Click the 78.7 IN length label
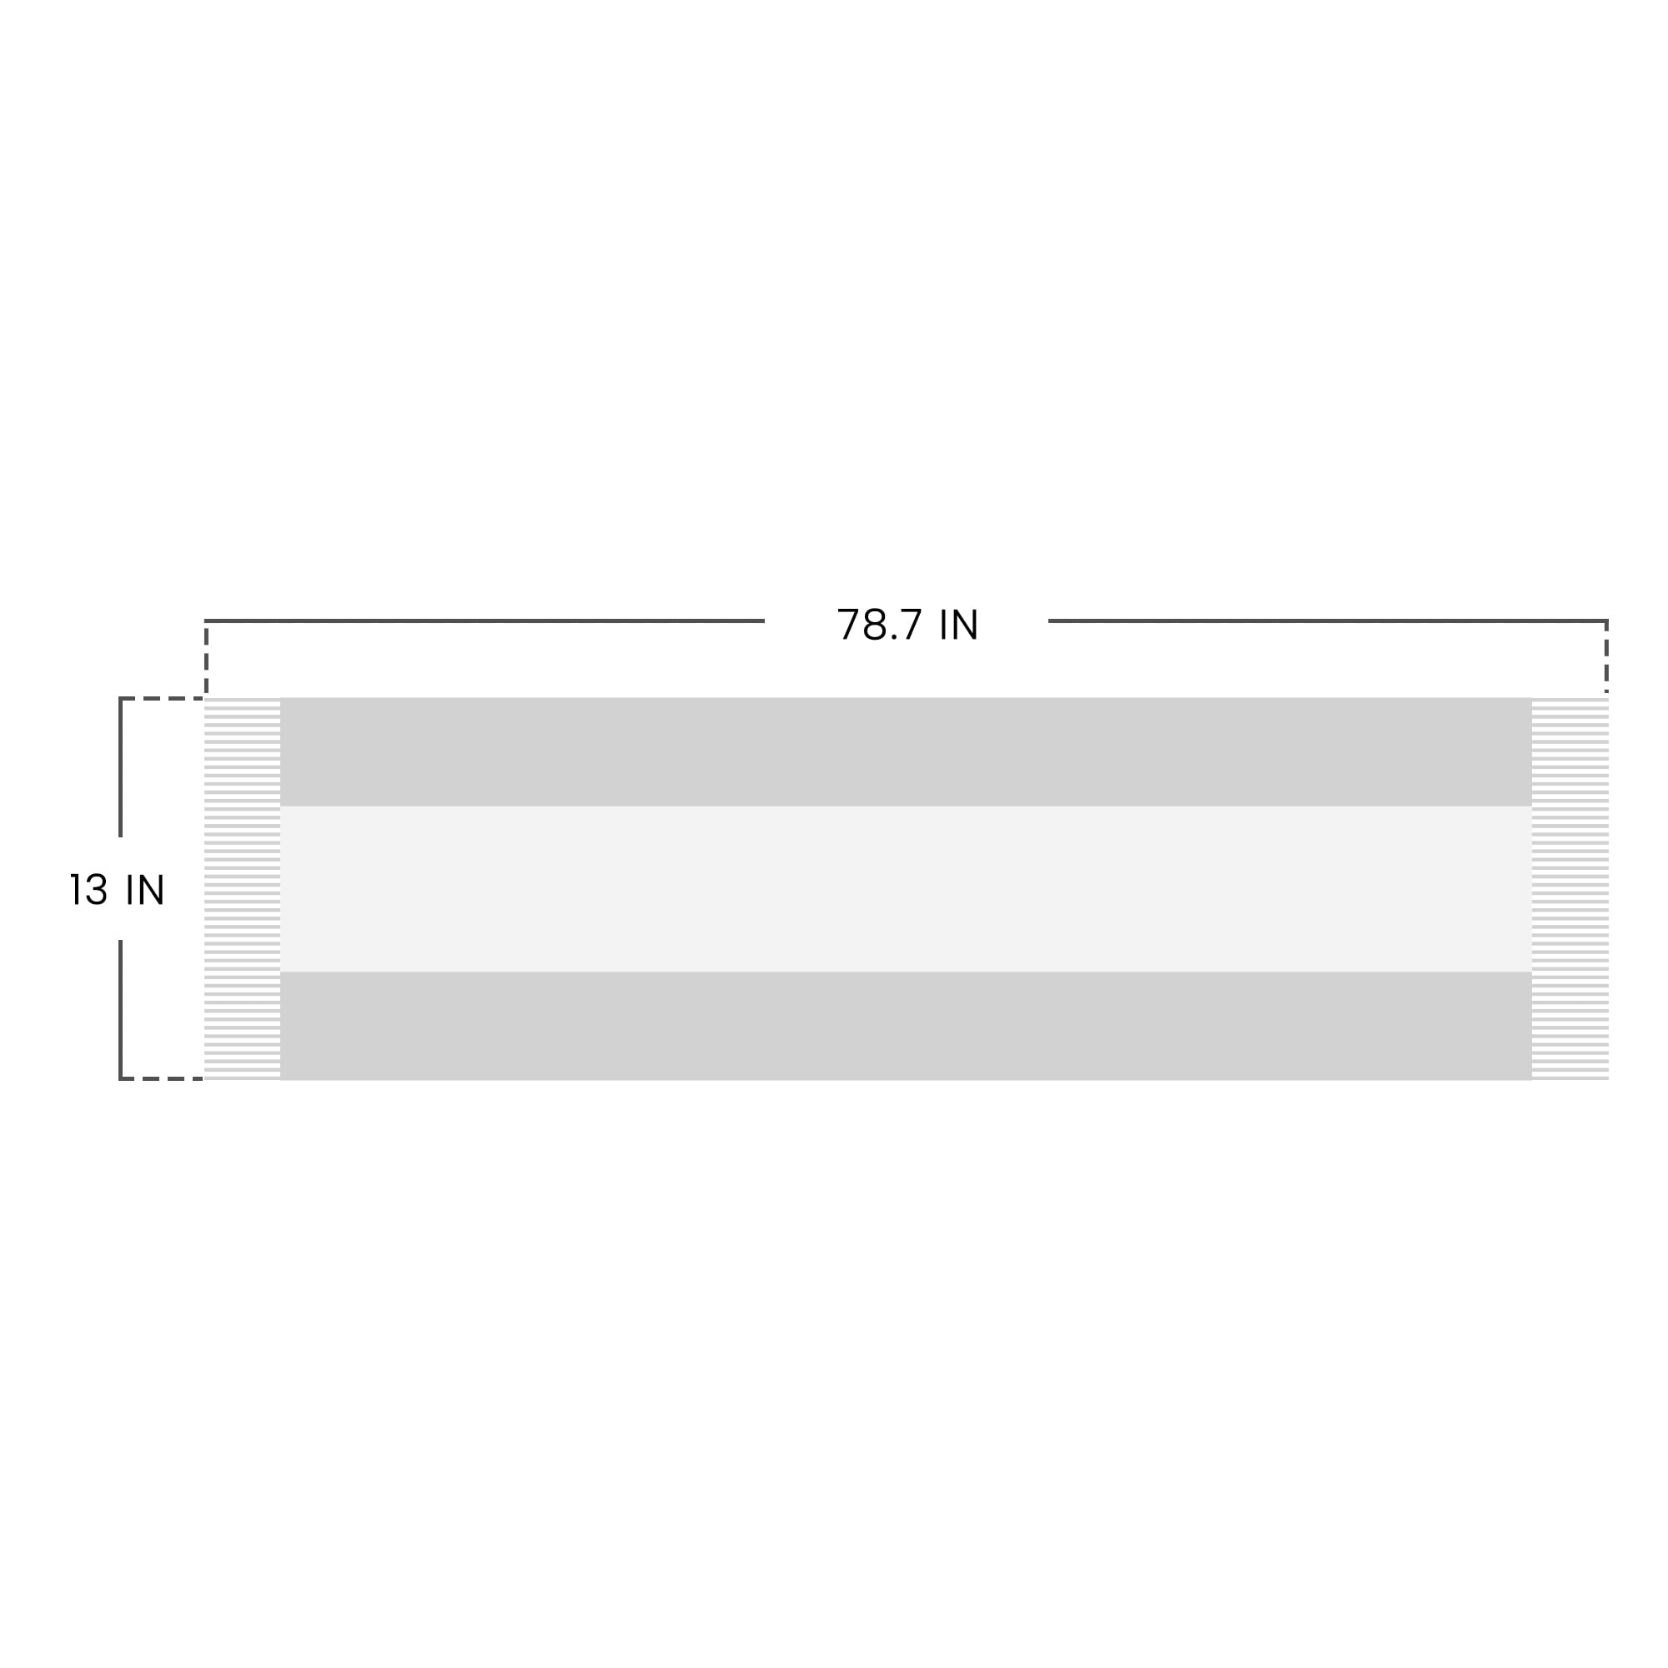click(907, 624)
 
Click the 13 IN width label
click(117, 889)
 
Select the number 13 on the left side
click(89, 889)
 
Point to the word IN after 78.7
click(958, 624)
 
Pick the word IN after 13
click(145, 889)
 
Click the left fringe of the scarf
click(243, 888)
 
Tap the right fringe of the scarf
click(1570, 888)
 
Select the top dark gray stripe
click(906, 751)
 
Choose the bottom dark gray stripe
click(906, 1026)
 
